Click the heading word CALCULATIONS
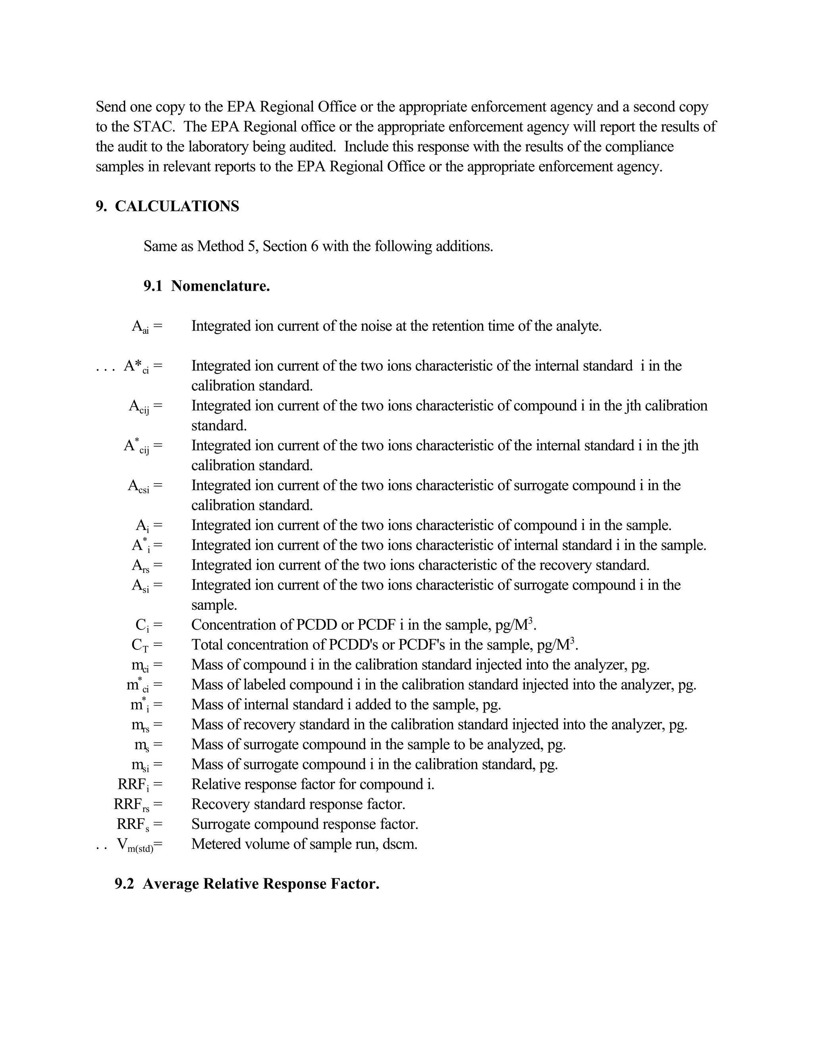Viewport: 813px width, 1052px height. [177, 206]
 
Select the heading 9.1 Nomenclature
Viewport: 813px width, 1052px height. [206, 286]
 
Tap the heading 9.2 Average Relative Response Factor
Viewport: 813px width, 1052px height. [247, 884]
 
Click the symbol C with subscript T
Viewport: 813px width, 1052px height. [141, 645]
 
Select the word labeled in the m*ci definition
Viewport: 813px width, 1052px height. [275, 684]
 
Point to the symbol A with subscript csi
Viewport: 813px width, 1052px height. [139, 486]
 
